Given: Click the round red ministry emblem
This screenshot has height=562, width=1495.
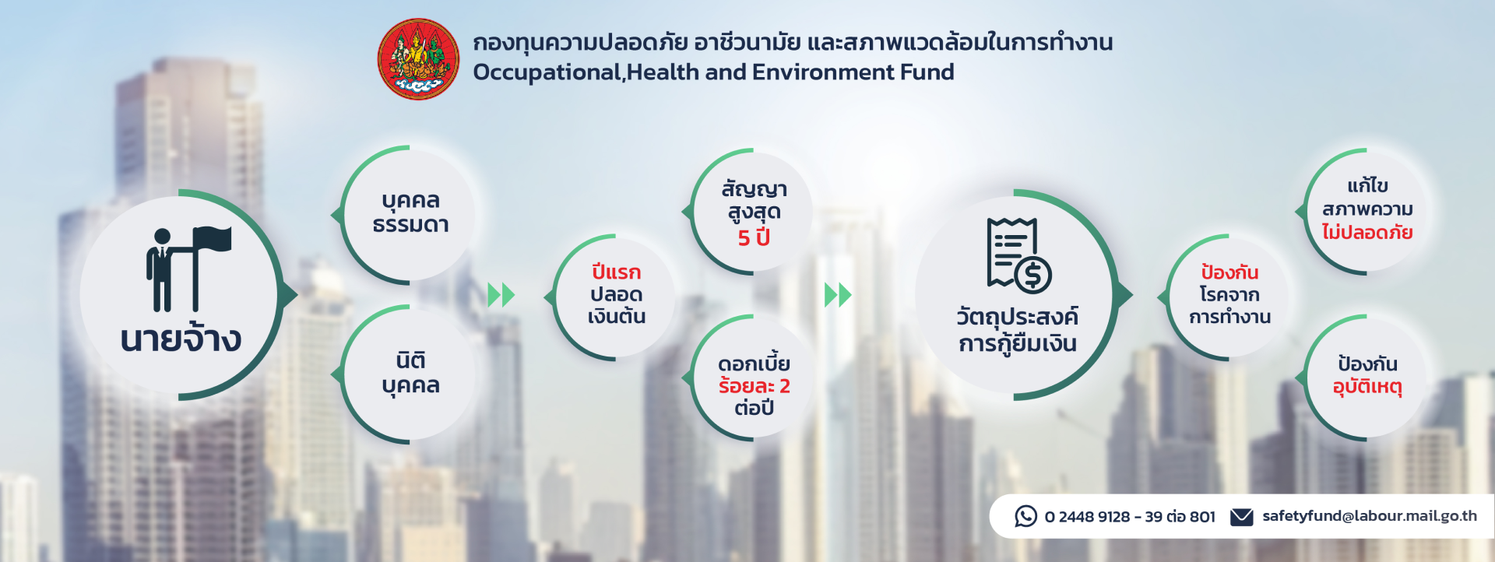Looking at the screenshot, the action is [x=418, y=59].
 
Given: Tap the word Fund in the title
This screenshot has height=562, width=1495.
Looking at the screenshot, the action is [x=927, y=72].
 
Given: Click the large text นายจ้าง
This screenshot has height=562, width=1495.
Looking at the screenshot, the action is [x=181, y=339].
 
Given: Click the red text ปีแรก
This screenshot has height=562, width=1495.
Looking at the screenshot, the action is [x=616, y=272].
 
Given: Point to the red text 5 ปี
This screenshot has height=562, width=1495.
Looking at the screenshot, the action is [x=754, y=237].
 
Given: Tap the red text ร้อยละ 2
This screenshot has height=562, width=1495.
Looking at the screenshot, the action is [x=754, y=386].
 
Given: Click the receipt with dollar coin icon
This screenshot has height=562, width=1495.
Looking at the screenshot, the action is [x=1018, y=255].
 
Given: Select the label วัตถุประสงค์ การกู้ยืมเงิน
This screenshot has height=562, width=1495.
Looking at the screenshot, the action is [x=1018, y=330].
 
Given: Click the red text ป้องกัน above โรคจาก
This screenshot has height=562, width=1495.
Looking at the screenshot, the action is [x=1229, y=272].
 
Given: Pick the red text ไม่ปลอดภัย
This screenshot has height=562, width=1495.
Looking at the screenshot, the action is [x=1367, y=232].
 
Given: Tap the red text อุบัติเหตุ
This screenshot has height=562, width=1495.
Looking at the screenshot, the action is [x=1367, y=387].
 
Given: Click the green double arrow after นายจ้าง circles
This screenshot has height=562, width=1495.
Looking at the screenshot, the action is [x=501, y=295].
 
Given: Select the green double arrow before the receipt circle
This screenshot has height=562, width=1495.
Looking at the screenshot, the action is [x=838, y=295].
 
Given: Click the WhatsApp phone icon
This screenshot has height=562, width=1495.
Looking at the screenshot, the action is [x=1025, y=516].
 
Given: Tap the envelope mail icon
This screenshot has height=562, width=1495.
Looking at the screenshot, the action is [x=1241, y=517].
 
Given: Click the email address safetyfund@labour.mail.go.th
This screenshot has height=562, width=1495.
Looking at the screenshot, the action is [x=1370, y=516].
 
